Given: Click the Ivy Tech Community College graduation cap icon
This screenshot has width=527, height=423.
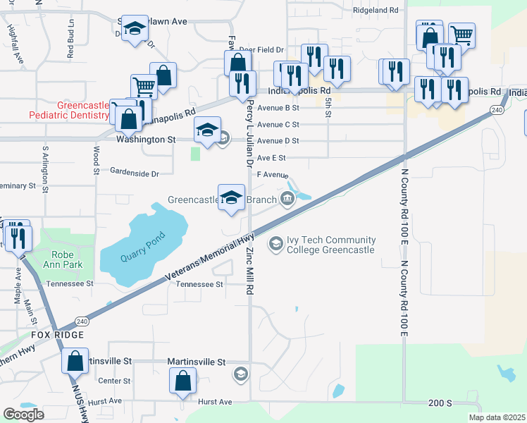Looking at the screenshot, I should pyautogui.click(x=275, y=244).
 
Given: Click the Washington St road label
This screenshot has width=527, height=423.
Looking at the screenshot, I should pyautogui.click(x=146, y=140).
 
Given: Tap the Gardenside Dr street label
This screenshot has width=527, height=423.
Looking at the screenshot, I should pyautogui.click(x=135, y=172).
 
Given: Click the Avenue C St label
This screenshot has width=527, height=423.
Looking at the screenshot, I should pyautogui.click(x=278, y=124).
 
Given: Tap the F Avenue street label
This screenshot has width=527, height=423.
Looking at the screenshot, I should pyautogui.click(x=273, y=174).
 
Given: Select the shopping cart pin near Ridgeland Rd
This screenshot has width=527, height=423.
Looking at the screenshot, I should pyautogui.click(x=461, y=34).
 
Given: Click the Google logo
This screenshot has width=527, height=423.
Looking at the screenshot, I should pyautogui.click(x=23, y=415).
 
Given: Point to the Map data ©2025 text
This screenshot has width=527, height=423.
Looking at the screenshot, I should pyautogui.click(x=497, y=417).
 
